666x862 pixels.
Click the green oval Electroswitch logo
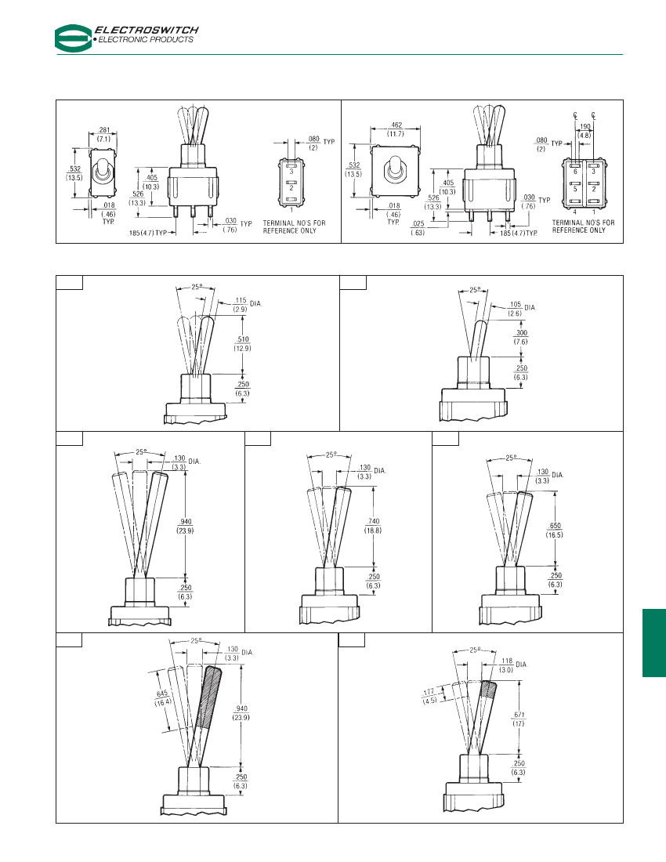[x=74, y=38]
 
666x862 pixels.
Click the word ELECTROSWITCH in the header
[x=147, y=31]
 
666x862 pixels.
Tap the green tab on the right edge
[x=654, y=643]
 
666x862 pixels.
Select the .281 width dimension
[x=104, y=130]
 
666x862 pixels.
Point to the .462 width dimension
[x=396, y=125]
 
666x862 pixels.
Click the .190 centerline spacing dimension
[x=585, y=127]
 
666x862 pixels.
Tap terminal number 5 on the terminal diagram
[x=575, y=189]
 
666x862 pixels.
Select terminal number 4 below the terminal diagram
[x=575, y=212]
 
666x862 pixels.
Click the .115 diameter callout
[x=240, y=301]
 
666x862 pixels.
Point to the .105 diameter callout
[x=515, y=305]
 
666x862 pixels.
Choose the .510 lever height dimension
[x=242, y=340]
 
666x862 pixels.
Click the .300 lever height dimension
[x=521, y=333]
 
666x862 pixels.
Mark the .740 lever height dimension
[x=373, y=522]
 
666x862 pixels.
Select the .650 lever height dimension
[x=555, y=526]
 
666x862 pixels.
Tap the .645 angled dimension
[x=162, y=694]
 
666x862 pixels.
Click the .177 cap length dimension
[x=429, y=692]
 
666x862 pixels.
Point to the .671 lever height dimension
[x=519, y=715]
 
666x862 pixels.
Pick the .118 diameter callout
[x=506, y=661]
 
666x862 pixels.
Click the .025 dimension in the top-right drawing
[x=418, y=224]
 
